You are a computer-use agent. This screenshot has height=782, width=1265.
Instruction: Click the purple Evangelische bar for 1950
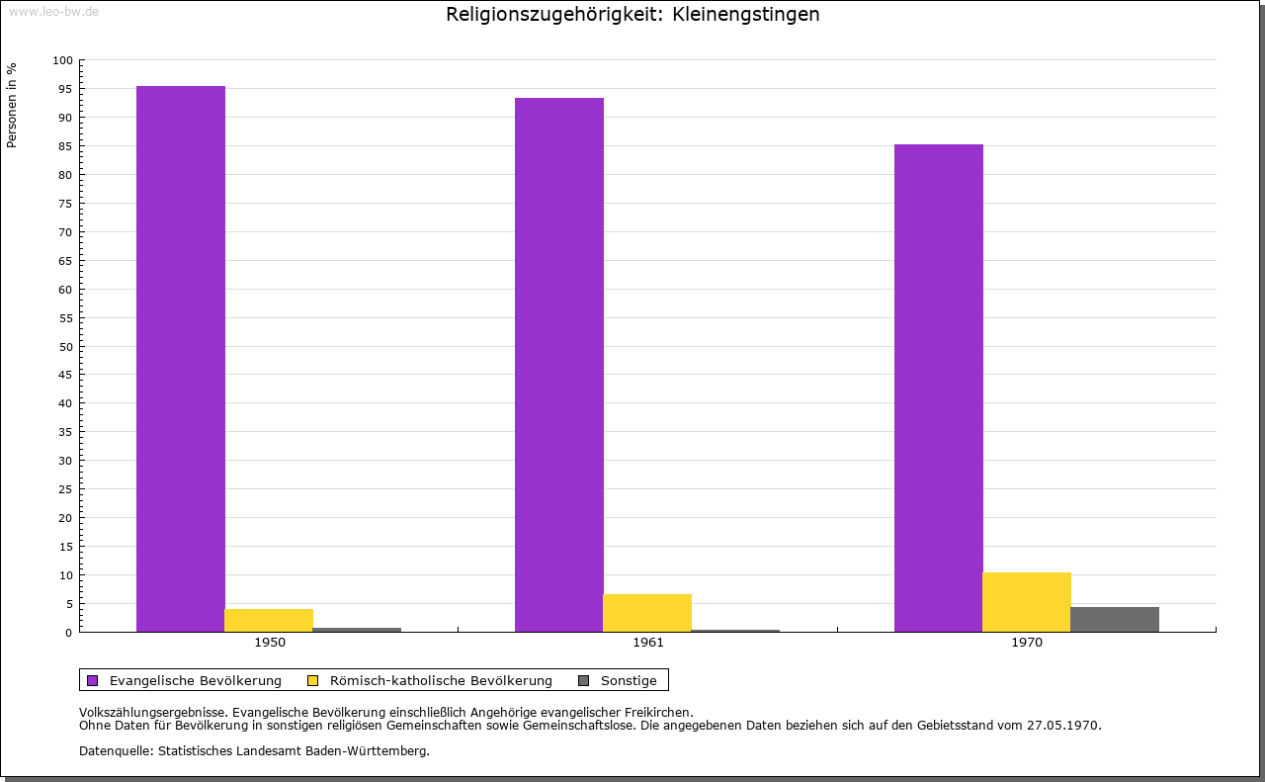coord(181,359)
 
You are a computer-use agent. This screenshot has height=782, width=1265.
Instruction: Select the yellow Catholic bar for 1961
coord(647,613)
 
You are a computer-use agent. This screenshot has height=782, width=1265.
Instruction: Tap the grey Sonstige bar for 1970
coord(1115,619)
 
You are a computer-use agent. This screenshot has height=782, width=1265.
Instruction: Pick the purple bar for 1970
coord(939,389)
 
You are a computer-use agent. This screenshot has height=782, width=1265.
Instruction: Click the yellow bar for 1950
coord(269,621)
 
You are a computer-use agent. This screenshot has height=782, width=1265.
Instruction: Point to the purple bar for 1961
coord(559,365)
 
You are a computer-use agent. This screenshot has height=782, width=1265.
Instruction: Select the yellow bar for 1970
coord(1027,602)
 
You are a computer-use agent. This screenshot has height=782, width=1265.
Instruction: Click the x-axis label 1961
coord(647,643)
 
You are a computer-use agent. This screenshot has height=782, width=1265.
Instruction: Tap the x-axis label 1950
coord(270,643)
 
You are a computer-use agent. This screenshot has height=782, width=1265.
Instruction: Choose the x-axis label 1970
coord(1027,643)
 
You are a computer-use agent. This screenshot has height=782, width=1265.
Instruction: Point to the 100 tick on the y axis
coord(62,60)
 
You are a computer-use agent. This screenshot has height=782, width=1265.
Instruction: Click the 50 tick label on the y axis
coord(65,347)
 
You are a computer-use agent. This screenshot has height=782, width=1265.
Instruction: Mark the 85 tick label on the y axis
coord(65,146)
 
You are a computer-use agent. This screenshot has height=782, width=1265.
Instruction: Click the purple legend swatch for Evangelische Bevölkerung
coord(93,681)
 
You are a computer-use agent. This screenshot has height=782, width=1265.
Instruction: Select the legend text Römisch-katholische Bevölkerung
coord(441,681)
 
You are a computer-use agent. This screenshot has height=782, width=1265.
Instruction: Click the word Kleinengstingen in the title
coord(745,14)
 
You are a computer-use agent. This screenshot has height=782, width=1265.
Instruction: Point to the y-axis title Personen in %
coord(11,105)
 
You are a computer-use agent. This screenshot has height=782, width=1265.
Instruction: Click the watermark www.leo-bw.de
coord(53,11)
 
